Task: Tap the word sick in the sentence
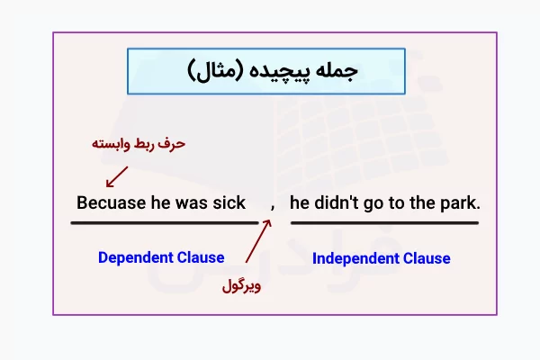coord(229,202)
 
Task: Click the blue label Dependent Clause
coord(161,257)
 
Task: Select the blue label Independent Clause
coord(381,258)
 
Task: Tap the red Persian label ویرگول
coord(242,288)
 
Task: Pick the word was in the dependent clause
coord(191,202)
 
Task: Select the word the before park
coord(421,202)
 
